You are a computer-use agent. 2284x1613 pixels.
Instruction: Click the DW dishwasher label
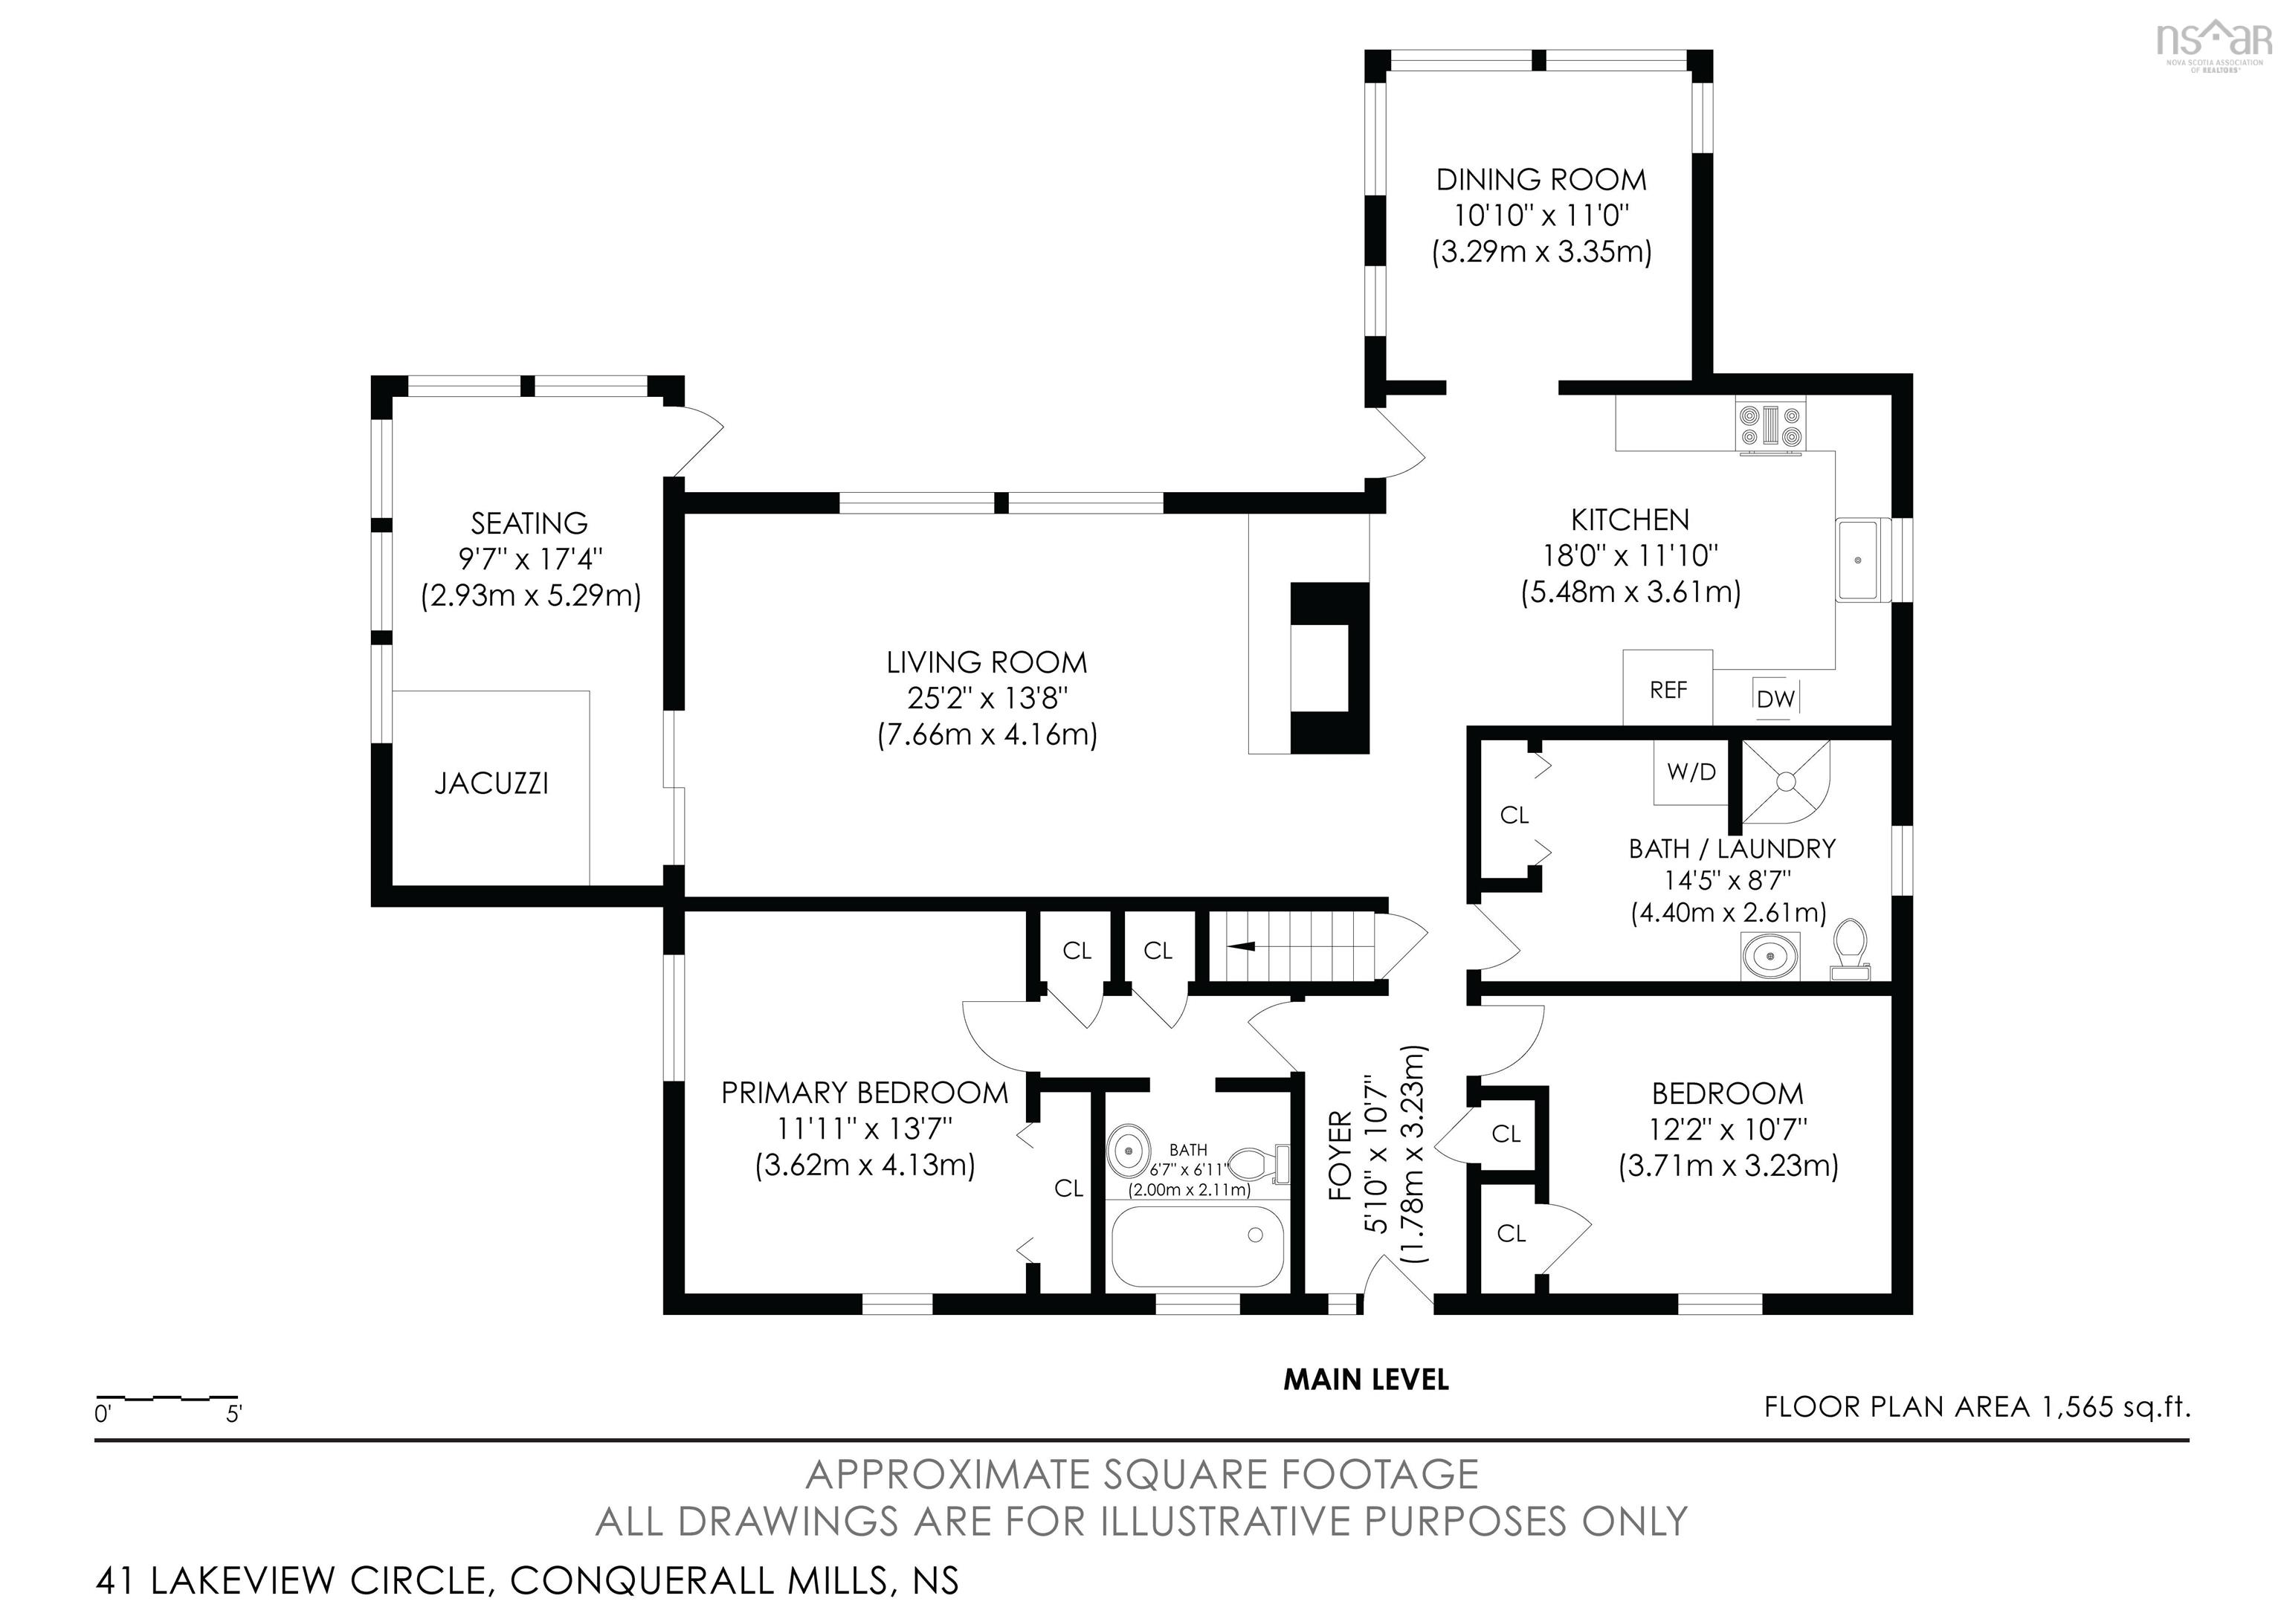pyautogui.click(x=1775, y=699)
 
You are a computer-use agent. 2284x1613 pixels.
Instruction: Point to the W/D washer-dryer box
pyautogui.click(x=1691, y=771)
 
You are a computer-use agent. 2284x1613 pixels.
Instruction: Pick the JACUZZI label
pyautogui.click(x=491, y=783)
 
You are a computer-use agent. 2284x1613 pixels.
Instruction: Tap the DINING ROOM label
pyautogui.click(x=1541, y=180)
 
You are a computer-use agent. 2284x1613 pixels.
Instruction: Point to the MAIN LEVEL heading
pyautogui.click(x=1366, y=1380)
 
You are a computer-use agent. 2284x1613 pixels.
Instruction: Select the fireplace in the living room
pyautogui.click(x=1330, y=667)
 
